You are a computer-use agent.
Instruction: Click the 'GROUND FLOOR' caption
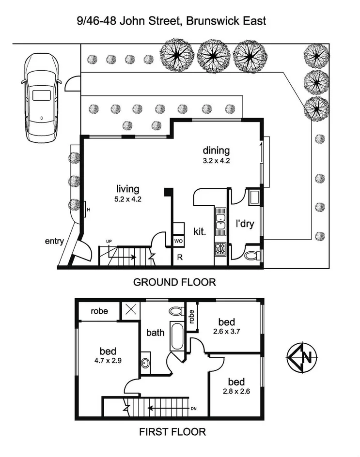click(x=174, y=282)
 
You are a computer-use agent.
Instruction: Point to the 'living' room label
click(x=128, y=189)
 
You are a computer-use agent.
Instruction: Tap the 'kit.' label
click(x=200, y=231)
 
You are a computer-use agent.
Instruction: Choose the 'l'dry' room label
click(x=245, y=224)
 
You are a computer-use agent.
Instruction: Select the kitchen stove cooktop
click(x=220, y=249)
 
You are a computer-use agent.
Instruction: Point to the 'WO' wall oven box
click(x=178, y=241)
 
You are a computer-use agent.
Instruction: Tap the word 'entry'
click(x=54, y=241)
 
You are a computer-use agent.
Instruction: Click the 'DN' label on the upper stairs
click(x=194, y=409)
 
